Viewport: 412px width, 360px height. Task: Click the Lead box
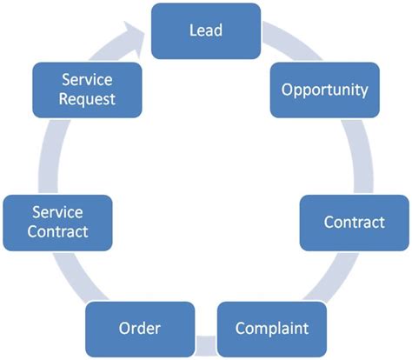click(205, 30)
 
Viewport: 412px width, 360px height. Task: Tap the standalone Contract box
click(354, 222)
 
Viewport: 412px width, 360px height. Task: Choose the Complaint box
click(272, 329)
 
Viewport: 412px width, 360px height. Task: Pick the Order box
click(139, 329)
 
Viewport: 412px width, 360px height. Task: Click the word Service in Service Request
click(86, 79)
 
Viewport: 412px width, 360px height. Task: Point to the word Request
click(86, 98)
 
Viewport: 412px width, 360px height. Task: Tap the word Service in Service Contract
click(56, 212)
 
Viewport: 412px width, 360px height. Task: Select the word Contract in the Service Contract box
click(56, 232)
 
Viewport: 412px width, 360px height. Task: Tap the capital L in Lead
click(192, 30)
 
